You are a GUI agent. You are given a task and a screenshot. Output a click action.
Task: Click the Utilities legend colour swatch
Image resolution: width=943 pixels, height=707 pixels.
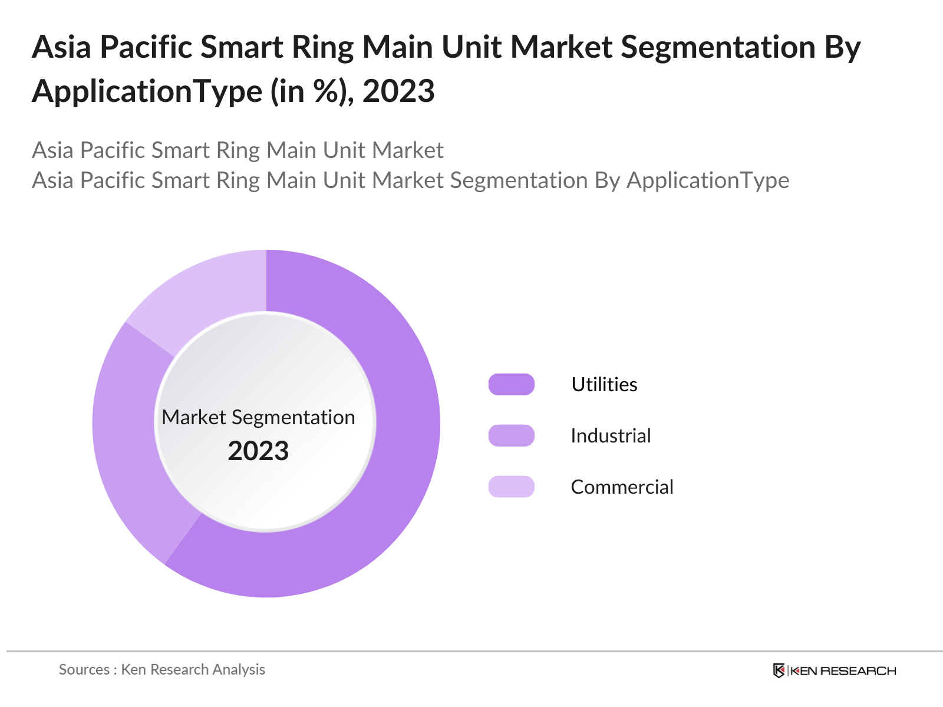pos(511,384)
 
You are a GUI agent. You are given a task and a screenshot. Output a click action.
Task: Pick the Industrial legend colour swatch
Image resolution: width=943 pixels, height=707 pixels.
pos(511,435)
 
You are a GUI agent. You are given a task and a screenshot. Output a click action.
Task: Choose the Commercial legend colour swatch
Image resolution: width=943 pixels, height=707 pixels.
pos(511,487)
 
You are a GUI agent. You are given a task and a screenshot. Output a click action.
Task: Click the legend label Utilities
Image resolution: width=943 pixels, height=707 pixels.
pos(604,384)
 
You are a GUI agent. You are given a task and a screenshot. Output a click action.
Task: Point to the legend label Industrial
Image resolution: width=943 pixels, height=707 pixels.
pos(611,435)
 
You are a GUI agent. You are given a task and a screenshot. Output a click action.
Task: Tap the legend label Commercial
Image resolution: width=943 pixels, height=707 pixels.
pos(622,487)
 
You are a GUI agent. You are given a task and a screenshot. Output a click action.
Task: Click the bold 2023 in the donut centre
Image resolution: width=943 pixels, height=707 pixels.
pos(258,451)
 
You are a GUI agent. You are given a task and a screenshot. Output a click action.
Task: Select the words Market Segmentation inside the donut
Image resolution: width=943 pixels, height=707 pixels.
pos(258,417)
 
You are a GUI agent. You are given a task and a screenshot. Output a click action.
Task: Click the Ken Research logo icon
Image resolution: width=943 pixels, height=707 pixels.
pos(779,670)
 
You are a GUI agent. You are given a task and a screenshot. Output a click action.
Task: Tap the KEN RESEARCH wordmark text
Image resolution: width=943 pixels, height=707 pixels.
pos(843,670)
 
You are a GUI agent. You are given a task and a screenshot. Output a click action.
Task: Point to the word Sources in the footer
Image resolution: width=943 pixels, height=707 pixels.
pos(84,669)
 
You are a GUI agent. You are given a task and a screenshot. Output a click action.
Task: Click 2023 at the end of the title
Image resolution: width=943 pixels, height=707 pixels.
pos(398,91)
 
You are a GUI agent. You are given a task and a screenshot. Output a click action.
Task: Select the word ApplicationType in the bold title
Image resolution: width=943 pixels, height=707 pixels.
pos(147,91)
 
